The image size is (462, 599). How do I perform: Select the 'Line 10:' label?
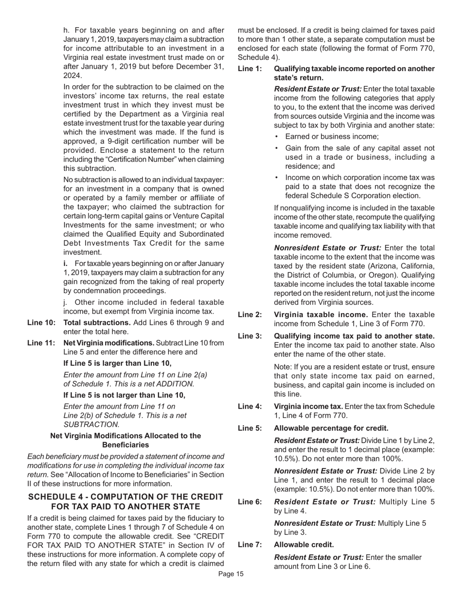coord(41,322)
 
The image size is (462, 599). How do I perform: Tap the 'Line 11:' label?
coord(41,343)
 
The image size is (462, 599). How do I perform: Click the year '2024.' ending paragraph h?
coord(73,75)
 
